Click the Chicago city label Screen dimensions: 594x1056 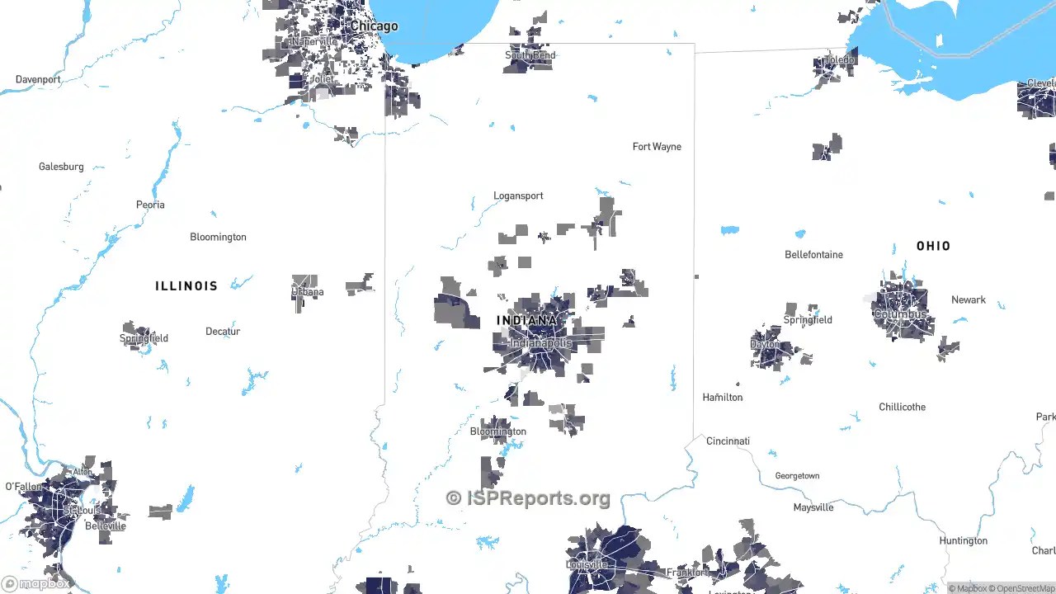coord(374,26)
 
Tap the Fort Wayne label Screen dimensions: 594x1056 coord(657,147)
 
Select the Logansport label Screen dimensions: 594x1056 coord(518,196)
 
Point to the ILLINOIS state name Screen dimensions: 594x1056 coord(186,286)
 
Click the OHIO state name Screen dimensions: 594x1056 coord(933,246)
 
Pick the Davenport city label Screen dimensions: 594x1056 coord(38,80)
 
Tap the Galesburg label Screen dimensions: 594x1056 coord(61,167)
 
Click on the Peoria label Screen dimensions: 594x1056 coord(150,205)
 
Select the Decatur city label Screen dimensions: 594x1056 coord(223,332)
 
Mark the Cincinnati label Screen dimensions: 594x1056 coord(728,441)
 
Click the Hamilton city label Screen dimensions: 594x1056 coord(722,398)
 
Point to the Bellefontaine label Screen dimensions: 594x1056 coord(813,255)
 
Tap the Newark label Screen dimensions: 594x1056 coord(968,300)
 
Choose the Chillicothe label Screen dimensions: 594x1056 coord(902,408)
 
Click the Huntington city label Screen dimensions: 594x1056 coord(963,541)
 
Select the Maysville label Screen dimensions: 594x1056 coord(813,508)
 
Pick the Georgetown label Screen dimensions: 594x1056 coord(797,476)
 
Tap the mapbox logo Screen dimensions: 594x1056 coord(36,583)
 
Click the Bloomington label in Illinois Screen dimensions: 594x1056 coord(218,238)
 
